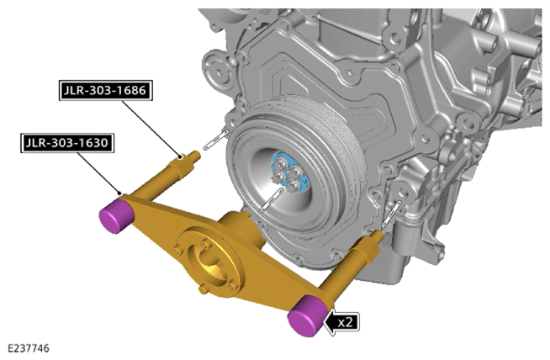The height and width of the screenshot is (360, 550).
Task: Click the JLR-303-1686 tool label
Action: pos(106,91)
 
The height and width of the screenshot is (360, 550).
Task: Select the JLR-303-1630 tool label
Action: pos(67,143)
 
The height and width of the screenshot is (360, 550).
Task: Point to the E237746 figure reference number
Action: pos(29,348)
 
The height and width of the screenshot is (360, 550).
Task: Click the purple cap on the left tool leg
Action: pos(116,215)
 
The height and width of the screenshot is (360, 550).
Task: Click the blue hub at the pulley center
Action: pos(290,172)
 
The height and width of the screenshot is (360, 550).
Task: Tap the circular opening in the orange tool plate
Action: pos(208,261)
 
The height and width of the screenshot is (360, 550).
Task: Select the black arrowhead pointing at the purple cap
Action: pos(330,322)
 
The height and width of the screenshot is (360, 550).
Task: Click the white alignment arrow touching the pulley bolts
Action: pos(272,199)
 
